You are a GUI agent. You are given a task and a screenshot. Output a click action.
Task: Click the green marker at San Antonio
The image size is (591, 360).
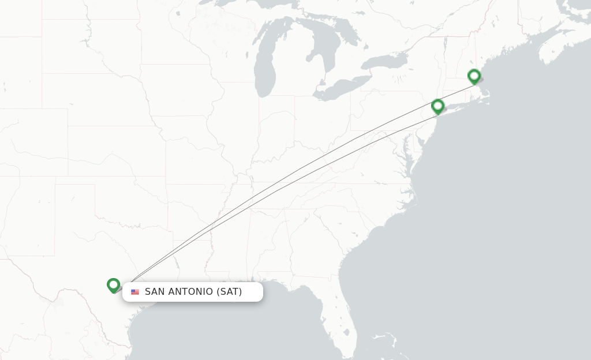(113, 285)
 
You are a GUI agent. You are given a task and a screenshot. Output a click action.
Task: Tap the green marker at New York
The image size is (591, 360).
(437, 106)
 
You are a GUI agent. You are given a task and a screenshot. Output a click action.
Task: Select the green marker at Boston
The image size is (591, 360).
(474, 76)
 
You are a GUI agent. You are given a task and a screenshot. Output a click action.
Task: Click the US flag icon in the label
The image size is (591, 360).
(135, 292)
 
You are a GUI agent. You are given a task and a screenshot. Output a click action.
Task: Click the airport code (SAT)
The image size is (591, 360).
(229, 292)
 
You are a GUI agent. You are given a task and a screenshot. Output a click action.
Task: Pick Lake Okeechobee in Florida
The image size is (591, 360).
(346, 332)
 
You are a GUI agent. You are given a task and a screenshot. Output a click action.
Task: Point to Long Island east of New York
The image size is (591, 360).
(456, 106)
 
